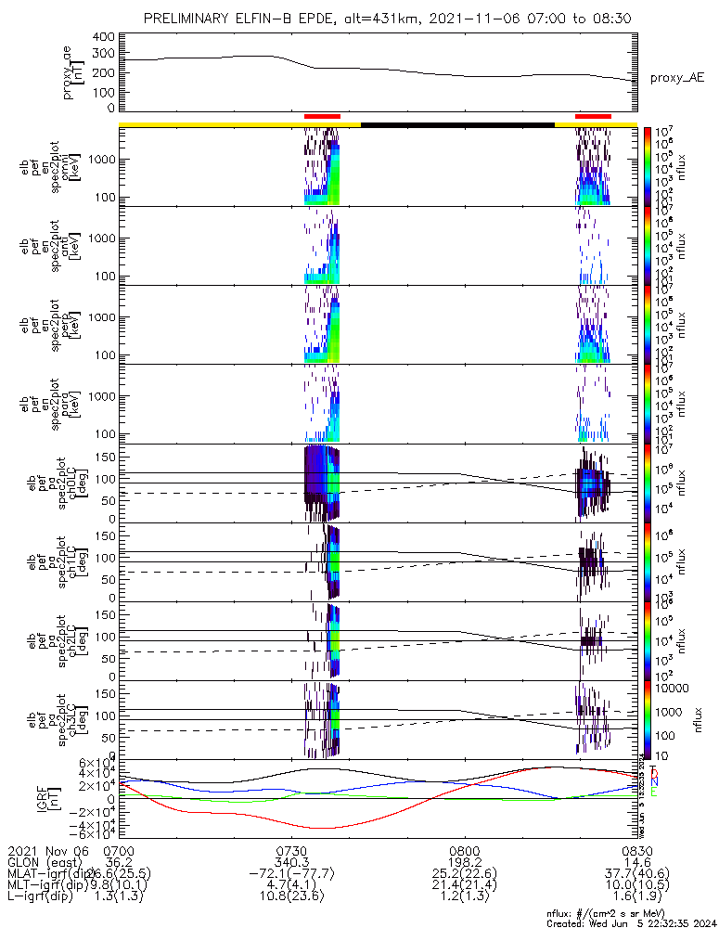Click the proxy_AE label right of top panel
(x=676, y=78)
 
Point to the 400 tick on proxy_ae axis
(x=103, y=37)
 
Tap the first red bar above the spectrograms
(x=322, y=116)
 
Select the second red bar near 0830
(x=593, y=116)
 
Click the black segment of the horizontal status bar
(x=457, y=123)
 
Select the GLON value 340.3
(x=291, y=862)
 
